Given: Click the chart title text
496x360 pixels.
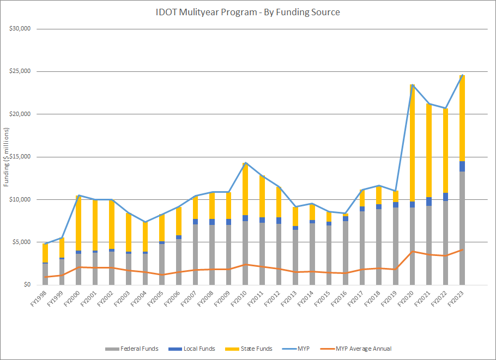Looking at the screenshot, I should coord(248,12).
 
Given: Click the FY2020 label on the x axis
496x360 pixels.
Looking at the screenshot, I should coord(408,297).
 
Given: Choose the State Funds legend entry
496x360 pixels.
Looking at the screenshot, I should coord(256,349).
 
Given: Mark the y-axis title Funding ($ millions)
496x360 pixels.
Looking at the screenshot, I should coord(7,157).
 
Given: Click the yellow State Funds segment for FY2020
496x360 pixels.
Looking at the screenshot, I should coord(413,142).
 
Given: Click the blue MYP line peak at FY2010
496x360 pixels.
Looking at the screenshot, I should coord(245,162).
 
